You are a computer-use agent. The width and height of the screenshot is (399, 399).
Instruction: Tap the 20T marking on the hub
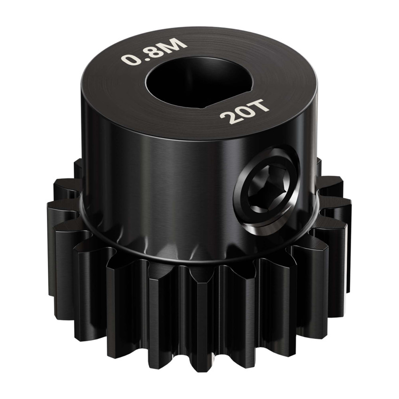point(244,112)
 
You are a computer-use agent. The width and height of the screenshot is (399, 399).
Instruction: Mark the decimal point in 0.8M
point(140,58)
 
